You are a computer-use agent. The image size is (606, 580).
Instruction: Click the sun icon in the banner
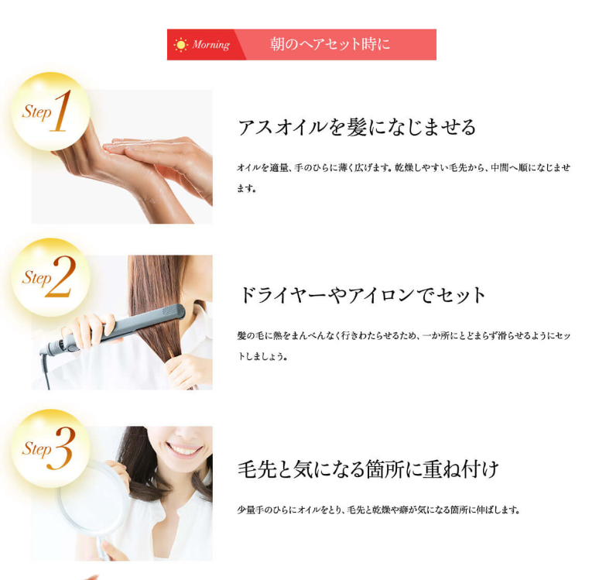point(180,45)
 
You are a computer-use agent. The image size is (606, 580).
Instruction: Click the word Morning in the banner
point(211,45)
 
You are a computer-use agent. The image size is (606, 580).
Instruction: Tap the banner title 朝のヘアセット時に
point(330,44)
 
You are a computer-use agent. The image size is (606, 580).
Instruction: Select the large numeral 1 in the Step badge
point(61,111)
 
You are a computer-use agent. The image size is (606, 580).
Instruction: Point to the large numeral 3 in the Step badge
point(61,448)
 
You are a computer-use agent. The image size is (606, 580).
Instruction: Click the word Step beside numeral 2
point(36,278)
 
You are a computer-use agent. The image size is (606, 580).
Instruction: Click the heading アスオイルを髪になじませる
point(356,127)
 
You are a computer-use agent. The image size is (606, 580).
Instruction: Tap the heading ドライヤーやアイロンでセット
point(361,295)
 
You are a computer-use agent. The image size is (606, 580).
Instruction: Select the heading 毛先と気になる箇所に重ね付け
point(368,469)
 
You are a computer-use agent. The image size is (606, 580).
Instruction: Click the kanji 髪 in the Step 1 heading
point(356,127)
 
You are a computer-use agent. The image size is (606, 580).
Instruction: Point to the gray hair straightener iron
point(112,328)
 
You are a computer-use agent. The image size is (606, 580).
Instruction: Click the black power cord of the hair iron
point(45,371)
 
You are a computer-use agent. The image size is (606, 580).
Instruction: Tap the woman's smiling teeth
point(183,450)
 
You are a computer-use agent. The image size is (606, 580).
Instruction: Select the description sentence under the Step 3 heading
point(378,510)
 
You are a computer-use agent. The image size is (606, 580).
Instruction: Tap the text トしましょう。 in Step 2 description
point(262,356)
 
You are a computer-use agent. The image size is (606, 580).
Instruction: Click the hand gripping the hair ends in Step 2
point(188,370)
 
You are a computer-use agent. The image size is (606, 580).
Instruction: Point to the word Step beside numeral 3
point(36,449)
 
